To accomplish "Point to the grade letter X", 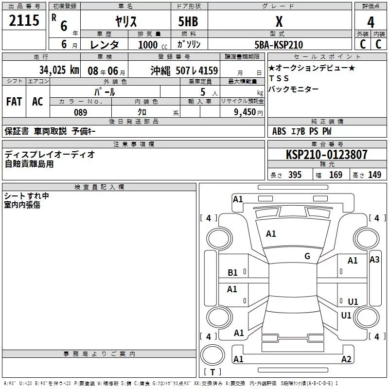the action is tap(279, 21).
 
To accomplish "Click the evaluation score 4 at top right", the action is tap(371, 22).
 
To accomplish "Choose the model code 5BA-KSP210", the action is tap(279, 45).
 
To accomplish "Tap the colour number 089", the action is tap(80, 112).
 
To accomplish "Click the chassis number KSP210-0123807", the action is tap(326, 155).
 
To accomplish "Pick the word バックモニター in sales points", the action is tap(293, 89).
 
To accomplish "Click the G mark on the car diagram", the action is tap(307, 256).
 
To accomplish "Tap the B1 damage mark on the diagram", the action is tap(233, 273).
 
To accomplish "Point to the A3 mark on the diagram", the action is tap(374, 260).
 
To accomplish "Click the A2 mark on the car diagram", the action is tap(346, 359).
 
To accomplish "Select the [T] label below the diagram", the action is tap(212, 372).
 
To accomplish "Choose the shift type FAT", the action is tap(14, 102).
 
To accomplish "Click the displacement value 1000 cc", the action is tap(151, 45).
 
